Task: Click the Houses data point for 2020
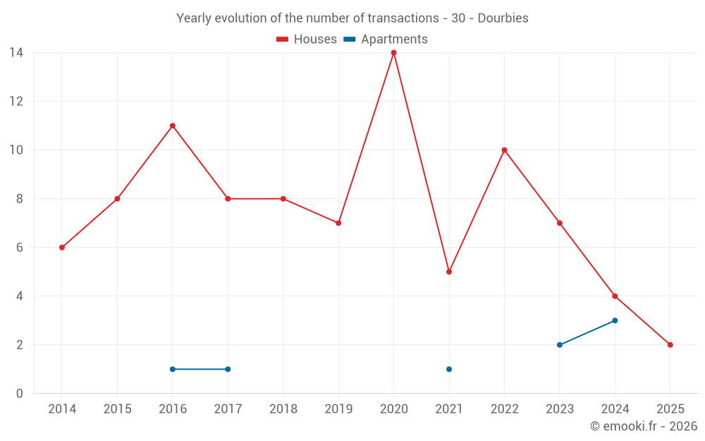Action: point(393,53)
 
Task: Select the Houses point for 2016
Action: point(173,126)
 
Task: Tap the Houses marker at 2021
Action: point(449,272)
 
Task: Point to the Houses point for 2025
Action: point(670,345)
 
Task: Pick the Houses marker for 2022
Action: point(504,150)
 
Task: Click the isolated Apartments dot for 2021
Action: point(449,369)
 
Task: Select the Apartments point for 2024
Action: point(615,320)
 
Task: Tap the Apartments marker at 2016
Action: point(173,369)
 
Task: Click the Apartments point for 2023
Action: point(560,345)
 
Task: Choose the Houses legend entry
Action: point(307,40)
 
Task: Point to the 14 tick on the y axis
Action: point(16,53)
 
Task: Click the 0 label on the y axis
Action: point(20,394)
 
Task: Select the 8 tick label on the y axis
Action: point(20,199)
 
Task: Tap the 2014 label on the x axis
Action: point(62,409)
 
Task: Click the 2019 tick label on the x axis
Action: point(338,409)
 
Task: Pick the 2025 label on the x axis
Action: point(670,409)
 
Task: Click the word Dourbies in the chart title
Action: point(503,18)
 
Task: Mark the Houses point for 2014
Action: point(62,248)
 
